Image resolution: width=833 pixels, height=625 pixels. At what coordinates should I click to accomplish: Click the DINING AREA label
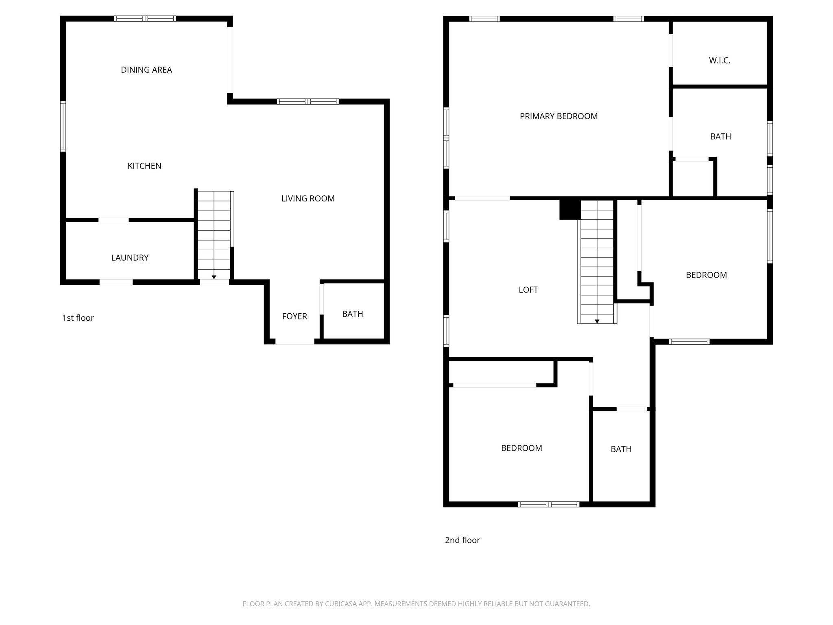click(x=146, y=70)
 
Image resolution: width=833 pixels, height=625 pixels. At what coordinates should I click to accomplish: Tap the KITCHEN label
click(x=144, y=166)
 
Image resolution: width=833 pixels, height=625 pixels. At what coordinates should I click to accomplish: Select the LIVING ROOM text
click(x=308, y=199)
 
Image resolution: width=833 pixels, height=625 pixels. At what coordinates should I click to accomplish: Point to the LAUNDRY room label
click(x=130, y=258)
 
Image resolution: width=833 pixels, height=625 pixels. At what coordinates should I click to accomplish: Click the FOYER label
click(x=294, y=316)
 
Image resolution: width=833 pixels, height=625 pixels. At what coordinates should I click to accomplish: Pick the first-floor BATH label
click(x=352, y=314)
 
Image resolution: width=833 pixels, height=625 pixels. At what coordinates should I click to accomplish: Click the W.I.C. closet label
click(x=720, y=61)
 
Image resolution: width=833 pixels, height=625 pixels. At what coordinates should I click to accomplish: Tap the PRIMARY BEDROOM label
click(x=558, y=116)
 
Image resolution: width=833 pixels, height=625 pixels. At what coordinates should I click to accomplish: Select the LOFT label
click(x=528, y=290)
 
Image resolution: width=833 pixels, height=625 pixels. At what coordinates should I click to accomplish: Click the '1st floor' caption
click(x=78, y=318)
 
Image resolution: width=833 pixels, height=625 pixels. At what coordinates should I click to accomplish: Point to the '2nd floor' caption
click(x=462, y=540)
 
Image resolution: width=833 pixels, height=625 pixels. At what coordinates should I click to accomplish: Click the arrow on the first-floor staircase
click(x=214, y=277)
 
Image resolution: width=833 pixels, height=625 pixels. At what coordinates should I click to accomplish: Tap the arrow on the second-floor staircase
click(x=597, y=321)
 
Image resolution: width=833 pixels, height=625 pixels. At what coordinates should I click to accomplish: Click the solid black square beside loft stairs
click(x=570, y=210)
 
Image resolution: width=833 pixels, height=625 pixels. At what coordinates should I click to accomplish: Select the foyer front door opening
click(x=294, y=342)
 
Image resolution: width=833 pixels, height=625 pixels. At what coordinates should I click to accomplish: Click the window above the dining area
click(x=145, y=19)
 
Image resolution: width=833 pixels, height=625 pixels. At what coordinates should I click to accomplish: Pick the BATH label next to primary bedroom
click(x=720, y=137)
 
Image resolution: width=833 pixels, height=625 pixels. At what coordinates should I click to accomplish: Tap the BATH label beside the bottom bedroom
click(x=621, y=449)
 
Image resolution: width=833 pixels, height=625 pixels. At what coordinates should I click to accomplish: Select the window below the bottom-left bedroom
click(x=548, y=505)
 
